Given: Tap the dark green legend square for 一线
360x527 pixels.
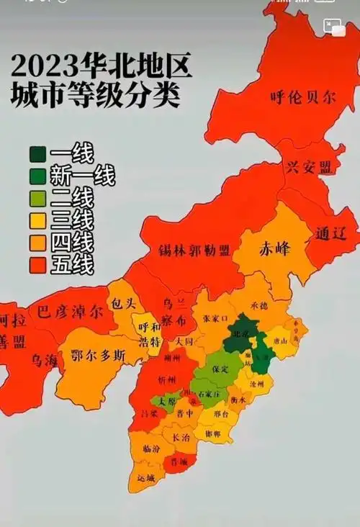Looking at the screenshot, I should pos(38,154).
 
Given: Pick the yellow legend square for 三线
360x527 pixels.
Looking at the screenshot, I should pos(38,220).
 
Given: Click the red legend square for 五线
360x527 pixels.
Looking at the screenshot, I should pos(38,264).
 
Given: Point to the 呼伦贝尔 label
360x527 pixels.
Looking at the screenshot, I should pos(302,98).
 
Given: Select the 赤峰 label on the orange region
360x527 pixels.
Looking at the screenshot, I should pos(275,249).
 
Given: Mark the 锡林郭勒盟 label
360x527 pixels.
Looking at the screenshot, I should pos(194,251).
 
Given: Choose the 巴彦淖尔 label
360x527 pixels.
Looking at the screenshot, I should pos(71,313).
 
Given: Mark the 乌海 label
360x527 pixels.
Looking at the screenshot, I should pos(43,360).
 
